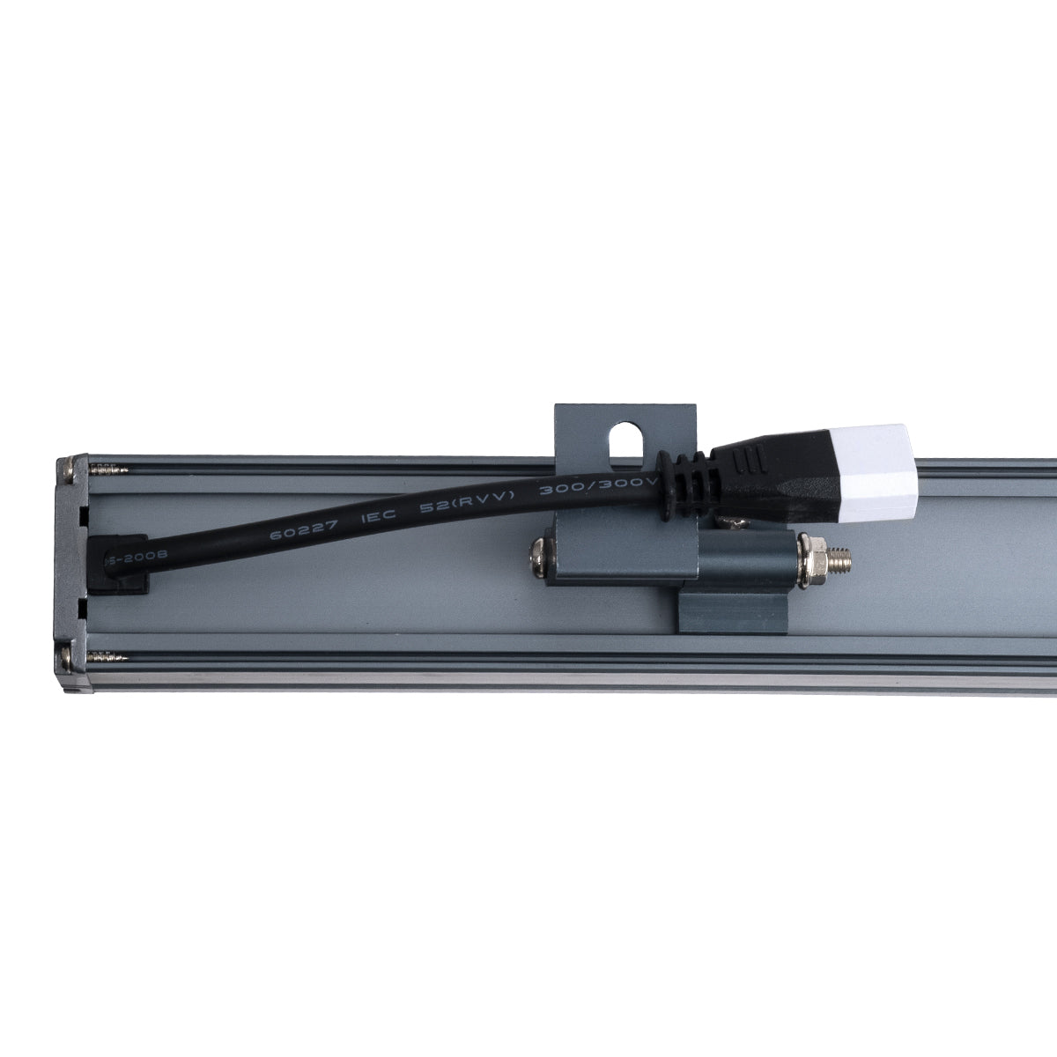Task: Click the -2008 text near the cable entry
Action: click(133, 558)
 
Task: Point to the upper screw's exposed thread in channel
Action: click(109, 471)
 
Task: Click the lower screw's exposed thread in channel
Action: click(111, 657)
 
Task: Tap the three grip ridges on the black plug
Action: click(749, 461)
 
